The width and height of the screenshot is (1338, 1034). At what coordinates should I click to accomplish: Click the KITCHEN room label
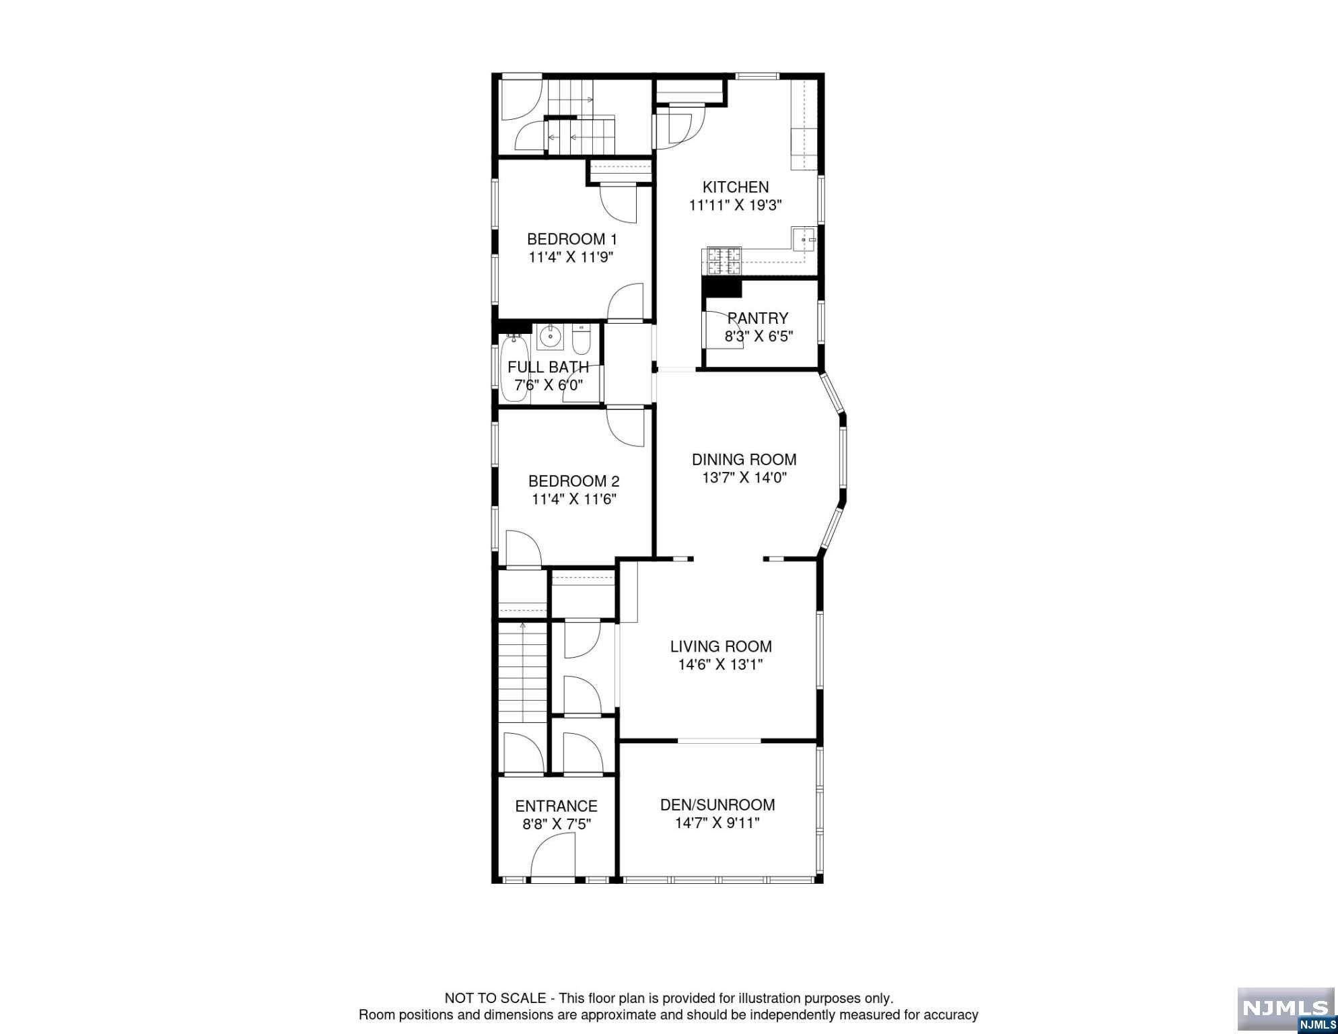coord(736,187)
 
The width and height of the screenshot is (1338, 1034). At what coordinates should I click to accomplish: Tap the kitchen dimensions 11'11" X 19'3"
coord(735,205)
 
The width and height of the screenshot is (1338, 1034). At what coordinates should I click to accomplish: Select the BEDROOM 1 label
coord(572,239)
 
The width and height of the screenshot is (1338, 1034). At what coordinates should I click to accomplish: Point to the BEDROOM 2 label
coord(574,481)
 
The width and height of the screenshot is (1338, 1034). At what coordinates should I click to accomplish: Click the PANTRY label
coord(758,318)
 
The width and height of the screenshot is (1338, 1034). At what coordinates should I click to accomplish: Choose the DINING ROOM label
coord(744,460)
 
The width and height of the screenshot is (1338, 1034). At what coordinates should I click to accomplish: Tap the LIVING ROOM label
coord(721,647)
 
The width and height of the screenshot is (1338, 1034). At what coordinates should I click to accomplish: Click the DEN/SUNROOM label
coord(717,805)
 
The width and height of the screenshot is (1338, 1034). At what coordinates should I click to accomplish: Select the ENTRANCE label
coord(557,806)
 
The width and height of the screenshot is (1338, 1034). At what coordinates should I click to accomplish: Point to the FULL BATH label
coord(549,368)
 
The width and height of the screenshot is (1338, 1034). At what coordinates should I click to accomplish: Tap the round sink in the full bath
coord(551,336)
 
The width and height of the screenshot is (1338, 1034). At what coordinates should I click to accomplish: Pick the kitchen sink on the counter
coord(804,238)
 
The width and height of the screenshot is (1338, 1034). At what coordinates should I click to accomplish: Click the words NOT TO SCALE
coord(495,998)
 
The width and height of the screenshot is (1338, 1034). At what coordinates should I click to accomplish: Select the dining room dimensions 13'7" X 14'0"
coord(744,478)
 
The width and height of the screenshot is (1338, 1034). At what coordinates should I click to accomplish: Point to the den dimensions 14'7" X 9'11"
coord(717,823)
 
